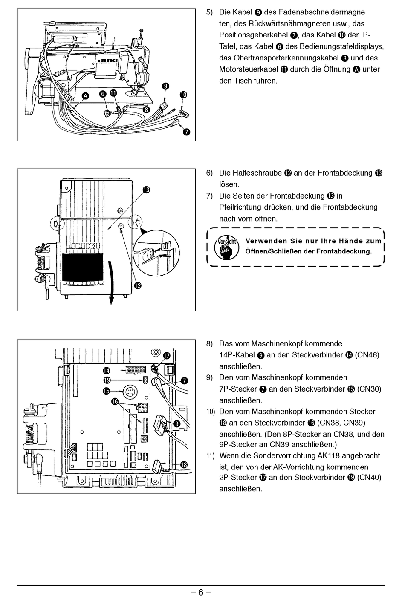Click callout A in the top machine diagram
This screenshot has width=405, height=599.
85,96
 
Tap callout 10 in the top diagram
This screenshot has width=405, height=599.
183,95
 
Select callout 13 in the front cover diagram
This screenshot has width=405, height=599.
146,190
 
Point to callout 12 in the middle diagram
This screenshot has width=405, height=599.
137,285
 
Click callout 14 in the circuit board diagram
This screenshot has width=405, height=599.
106,370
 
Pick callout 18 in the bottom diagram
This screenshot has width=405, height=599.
185,464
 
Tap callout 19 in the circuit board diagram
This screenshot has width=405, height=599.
107,380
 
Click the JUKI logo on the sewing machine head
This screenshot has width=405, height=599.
108,62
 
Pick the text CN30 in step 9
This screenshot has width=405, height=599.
369,389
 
